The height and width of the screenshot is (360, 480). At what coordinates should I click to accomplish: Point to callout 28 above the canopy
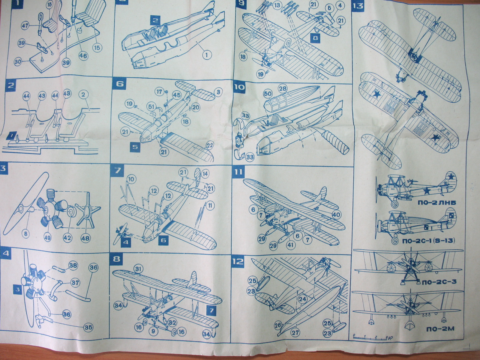click(x=283, y=88)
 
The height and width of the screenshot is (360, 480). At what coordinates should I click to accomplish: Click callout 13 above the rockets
click(x=277, y=5)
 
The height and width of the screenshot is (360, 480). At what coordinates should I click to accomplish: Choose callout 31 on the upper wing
click(x=138, y=269)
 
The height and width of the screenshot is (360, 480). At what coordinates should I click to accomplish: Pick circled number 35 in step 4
click(x=88, y=328)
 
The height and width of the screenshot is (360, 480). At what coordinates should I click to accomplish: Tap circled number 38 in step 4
click(x=73, y=265)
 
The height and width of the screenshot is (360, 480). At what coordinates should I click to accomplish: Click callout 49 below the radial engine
click(x=48, y=238)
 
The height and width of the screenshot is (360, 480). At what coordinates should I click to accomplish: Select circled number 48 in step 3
click(x=85, y=238)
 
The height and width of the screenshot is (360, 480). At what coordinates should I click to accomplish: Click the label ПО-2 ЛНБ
click(x=436, y=203)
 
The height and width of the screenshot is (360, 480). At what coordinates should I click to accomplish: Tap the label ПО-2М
click(x=440, y=329)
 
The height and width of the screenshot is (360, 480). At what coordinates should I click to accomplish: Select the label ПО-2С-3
click(x=440, y=282)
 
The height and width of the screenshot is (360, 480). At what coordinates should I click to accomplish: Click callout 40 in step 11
click(x=336, y=215)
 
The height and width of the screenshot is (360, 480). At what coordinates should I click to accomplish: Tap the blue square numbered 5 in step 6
click(x=136, y=147)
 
